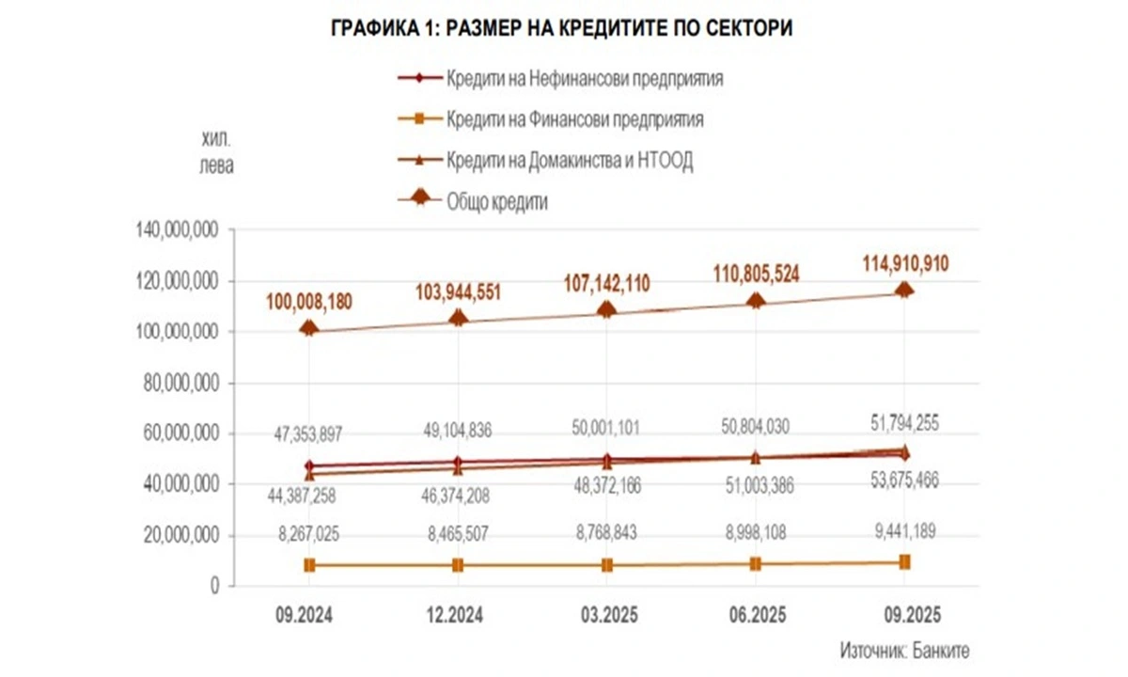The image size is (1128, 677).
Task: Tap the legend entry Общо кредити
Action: coord(497,201)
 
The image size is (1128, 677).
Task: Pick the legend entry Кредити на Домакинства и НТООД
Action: coord(570,161)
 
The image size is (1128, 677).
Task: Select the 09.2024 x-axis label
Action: coord(309,616)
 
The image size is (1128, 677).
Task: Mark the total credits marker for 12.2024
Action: coord(458,317)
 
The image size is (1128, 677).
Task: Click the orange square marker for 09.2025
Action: coord(904,561)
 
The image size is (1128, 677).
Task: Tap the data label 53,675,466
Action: coord(904,481)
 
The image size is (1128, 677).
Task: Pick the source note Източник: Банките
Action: coord(904,650)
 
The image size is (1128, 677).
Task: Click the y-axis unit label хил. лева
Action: coord(216,153)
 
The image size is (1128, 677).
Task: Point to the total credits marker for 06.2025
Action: coord(756,300)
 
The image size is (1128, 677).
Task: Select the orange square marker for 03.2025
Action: coord(607,565)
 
